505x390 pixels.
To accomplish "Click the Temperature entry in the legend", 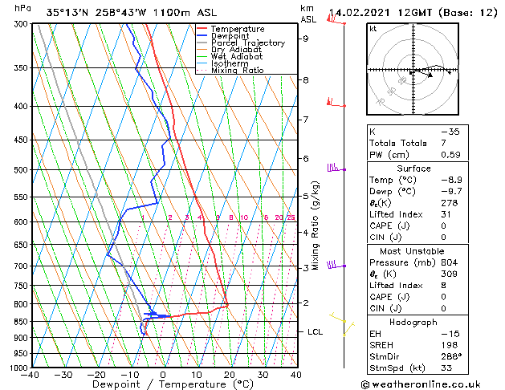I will tap(237, 29).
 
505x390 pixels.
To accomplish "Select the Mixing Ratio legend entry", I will tap(236, 71).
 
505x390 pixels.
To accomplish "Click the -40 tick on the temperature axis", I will tap(31, 375).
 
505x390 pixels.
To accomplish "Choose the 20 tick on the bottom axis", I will tap(229, 375).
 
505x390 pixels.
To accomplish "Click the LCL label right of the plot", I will tap(316, 331).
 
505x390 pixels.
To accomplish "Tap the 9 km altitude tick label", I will tap(306, 39).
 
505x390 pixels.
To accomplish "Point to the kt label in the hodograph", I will tap(373, 29).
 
